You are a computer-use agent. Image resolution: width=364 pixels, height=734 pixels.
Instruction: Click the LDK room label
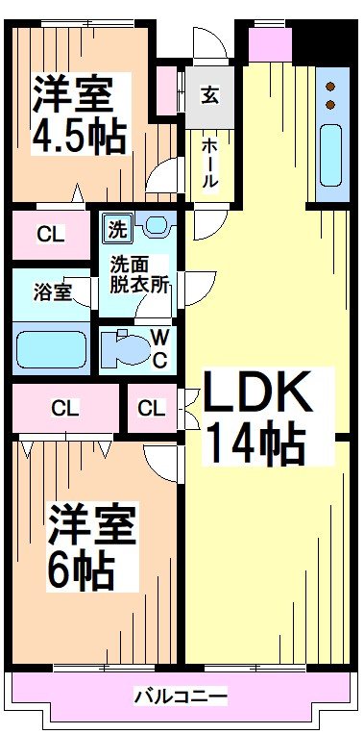256,393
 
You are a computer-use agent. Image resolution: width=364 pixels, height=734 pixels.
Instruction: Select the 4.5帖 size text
81,136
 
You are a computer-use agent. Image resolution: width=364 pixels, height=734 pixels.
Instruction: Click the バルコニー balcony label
181,696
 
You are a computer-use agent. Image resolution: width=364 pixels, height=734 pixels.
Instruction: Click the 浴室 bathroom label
51,291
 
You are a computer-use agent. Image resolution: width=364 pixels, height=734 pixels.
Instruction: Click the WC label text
160,348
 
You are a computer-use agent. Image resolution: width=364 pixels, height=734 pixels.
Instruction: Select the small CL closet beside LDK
151,408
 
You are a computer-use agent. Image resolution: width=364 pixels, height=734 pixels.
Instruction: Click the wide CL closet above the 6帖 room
65,408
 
